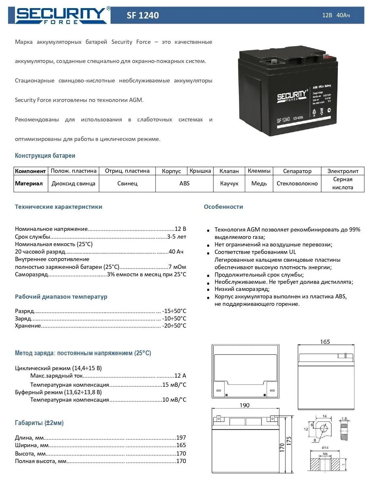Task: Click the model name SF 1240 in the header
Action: (143, 15)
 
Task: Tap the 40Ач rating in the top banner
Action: (343, 15)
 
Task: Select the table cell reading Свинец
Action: (127, 183)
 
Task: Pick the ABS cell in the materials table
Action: (184, 183)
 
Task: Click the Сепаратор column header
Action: (297, 171)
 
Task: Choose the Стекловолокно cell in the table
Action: (297, 183)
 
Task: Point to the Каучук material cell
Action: (229, 183)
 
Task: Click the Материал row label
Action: (29, 183)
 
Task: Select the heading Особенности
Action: (223, 207)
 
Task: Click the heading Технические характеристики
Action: (59, 207)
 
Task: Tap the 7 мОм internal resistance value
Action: (177, 267)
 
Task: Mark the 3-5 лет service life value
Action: (177, 237)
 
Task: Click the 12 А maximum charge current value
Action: (180, 376)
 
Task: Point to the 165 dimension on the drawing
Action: (325, 342)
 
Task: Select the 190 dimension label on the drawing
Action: (245, 405)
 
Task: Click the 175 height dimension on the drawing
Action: (289, 441)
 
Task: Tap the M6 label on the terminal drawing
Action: (325, 454)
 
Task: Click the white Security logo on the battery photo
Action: (292, 96)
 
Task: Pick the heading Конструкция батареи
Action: (45, 156)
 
